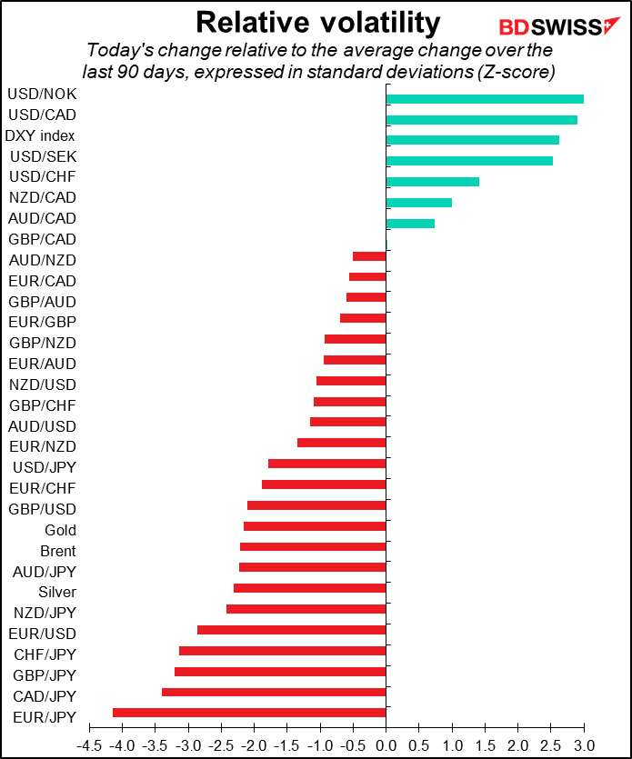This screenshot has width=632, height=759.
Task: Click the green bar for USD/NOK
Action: pos(485,99)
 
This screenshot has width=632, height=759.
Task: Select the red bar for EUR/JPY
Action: pos(249,713)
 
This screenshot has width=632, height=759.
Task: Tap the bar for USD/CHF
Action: pos(433,182)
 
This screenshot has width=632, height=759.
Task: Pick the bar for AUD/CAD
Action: pos(410,223)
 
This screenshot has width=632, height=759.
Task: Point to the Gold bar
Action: pos(315,526)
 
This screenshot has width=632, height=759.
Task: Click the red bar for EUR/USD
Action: pos(292,630)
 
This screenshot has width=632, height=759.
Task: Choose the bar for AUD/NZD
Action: pos(369,256)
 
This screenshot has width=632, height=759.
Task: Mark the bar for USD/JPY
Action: pos(326,464)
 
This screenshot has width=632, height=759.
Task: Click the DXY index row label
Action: pos(40,135)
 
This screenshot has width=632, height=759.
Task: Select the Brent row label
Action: pos(58,551)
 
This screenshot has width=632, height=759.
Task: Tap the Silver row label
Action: pos(57,592)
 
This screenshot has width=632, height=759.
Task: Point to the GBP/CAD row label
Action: pos(43,239)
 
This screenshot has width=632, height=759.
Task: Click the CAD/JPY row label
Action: pos(45,696)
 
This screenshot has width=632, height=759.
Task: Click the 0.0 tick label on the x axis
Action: pos(386,745)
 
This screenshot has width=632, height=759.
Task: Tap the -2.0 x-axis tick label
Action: pos(255,745)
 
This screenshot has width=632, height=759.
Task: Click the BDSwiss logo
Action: pos(559,26)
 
